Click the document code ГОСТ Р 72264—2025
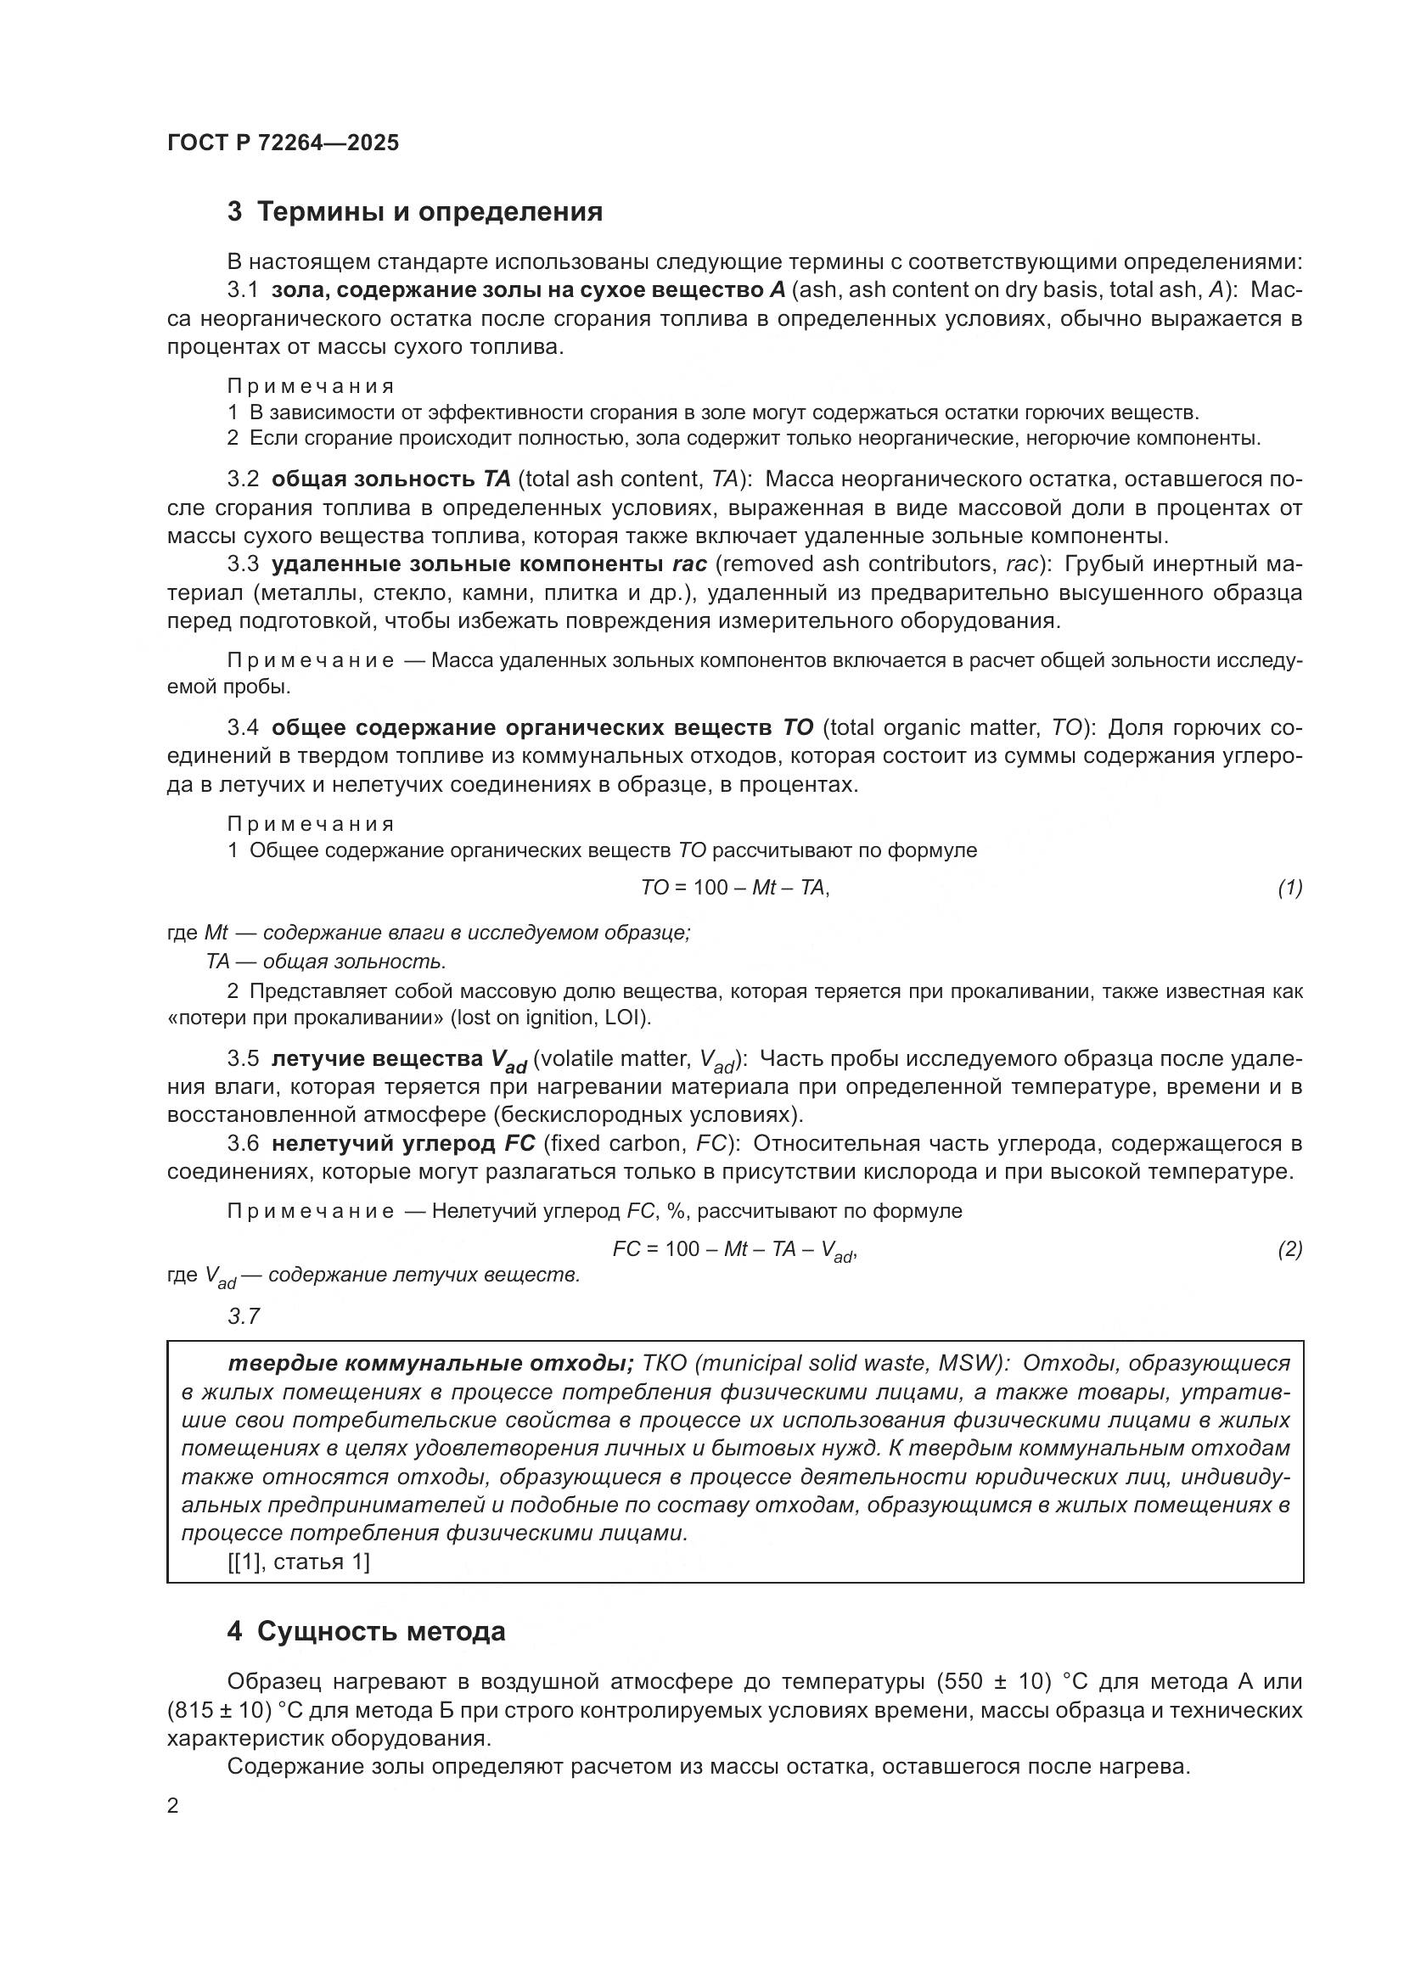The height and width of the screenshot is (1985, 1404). pyautogui.click(x=283, y=143)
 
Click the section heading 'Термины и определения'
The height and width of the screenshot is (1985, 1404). pyautogui.click(x=430, y=212)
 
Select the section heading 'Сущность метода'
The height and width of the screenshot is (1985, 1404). pyautogui.click(x=381, y=1631)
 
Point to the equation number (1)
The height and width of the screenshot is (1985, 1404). pyautogui.click(x=1289, y=888)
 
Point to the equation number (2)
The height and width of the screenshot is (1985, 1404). pyautogui.click(x=1289, y=1249)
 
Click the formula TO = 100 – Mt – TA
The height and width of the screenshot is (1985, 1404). pyautogui.click(x=734, y=888)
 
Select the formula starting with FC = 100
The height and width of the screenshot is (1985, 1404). pyautogui.click(x=734, y=1250)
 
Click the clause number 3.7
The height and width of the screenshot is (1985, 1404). pyautogui.click(x=243, y=1317)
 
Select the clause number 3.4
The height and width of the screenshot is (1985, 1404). pyautogui.click(x=243, y=728)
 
